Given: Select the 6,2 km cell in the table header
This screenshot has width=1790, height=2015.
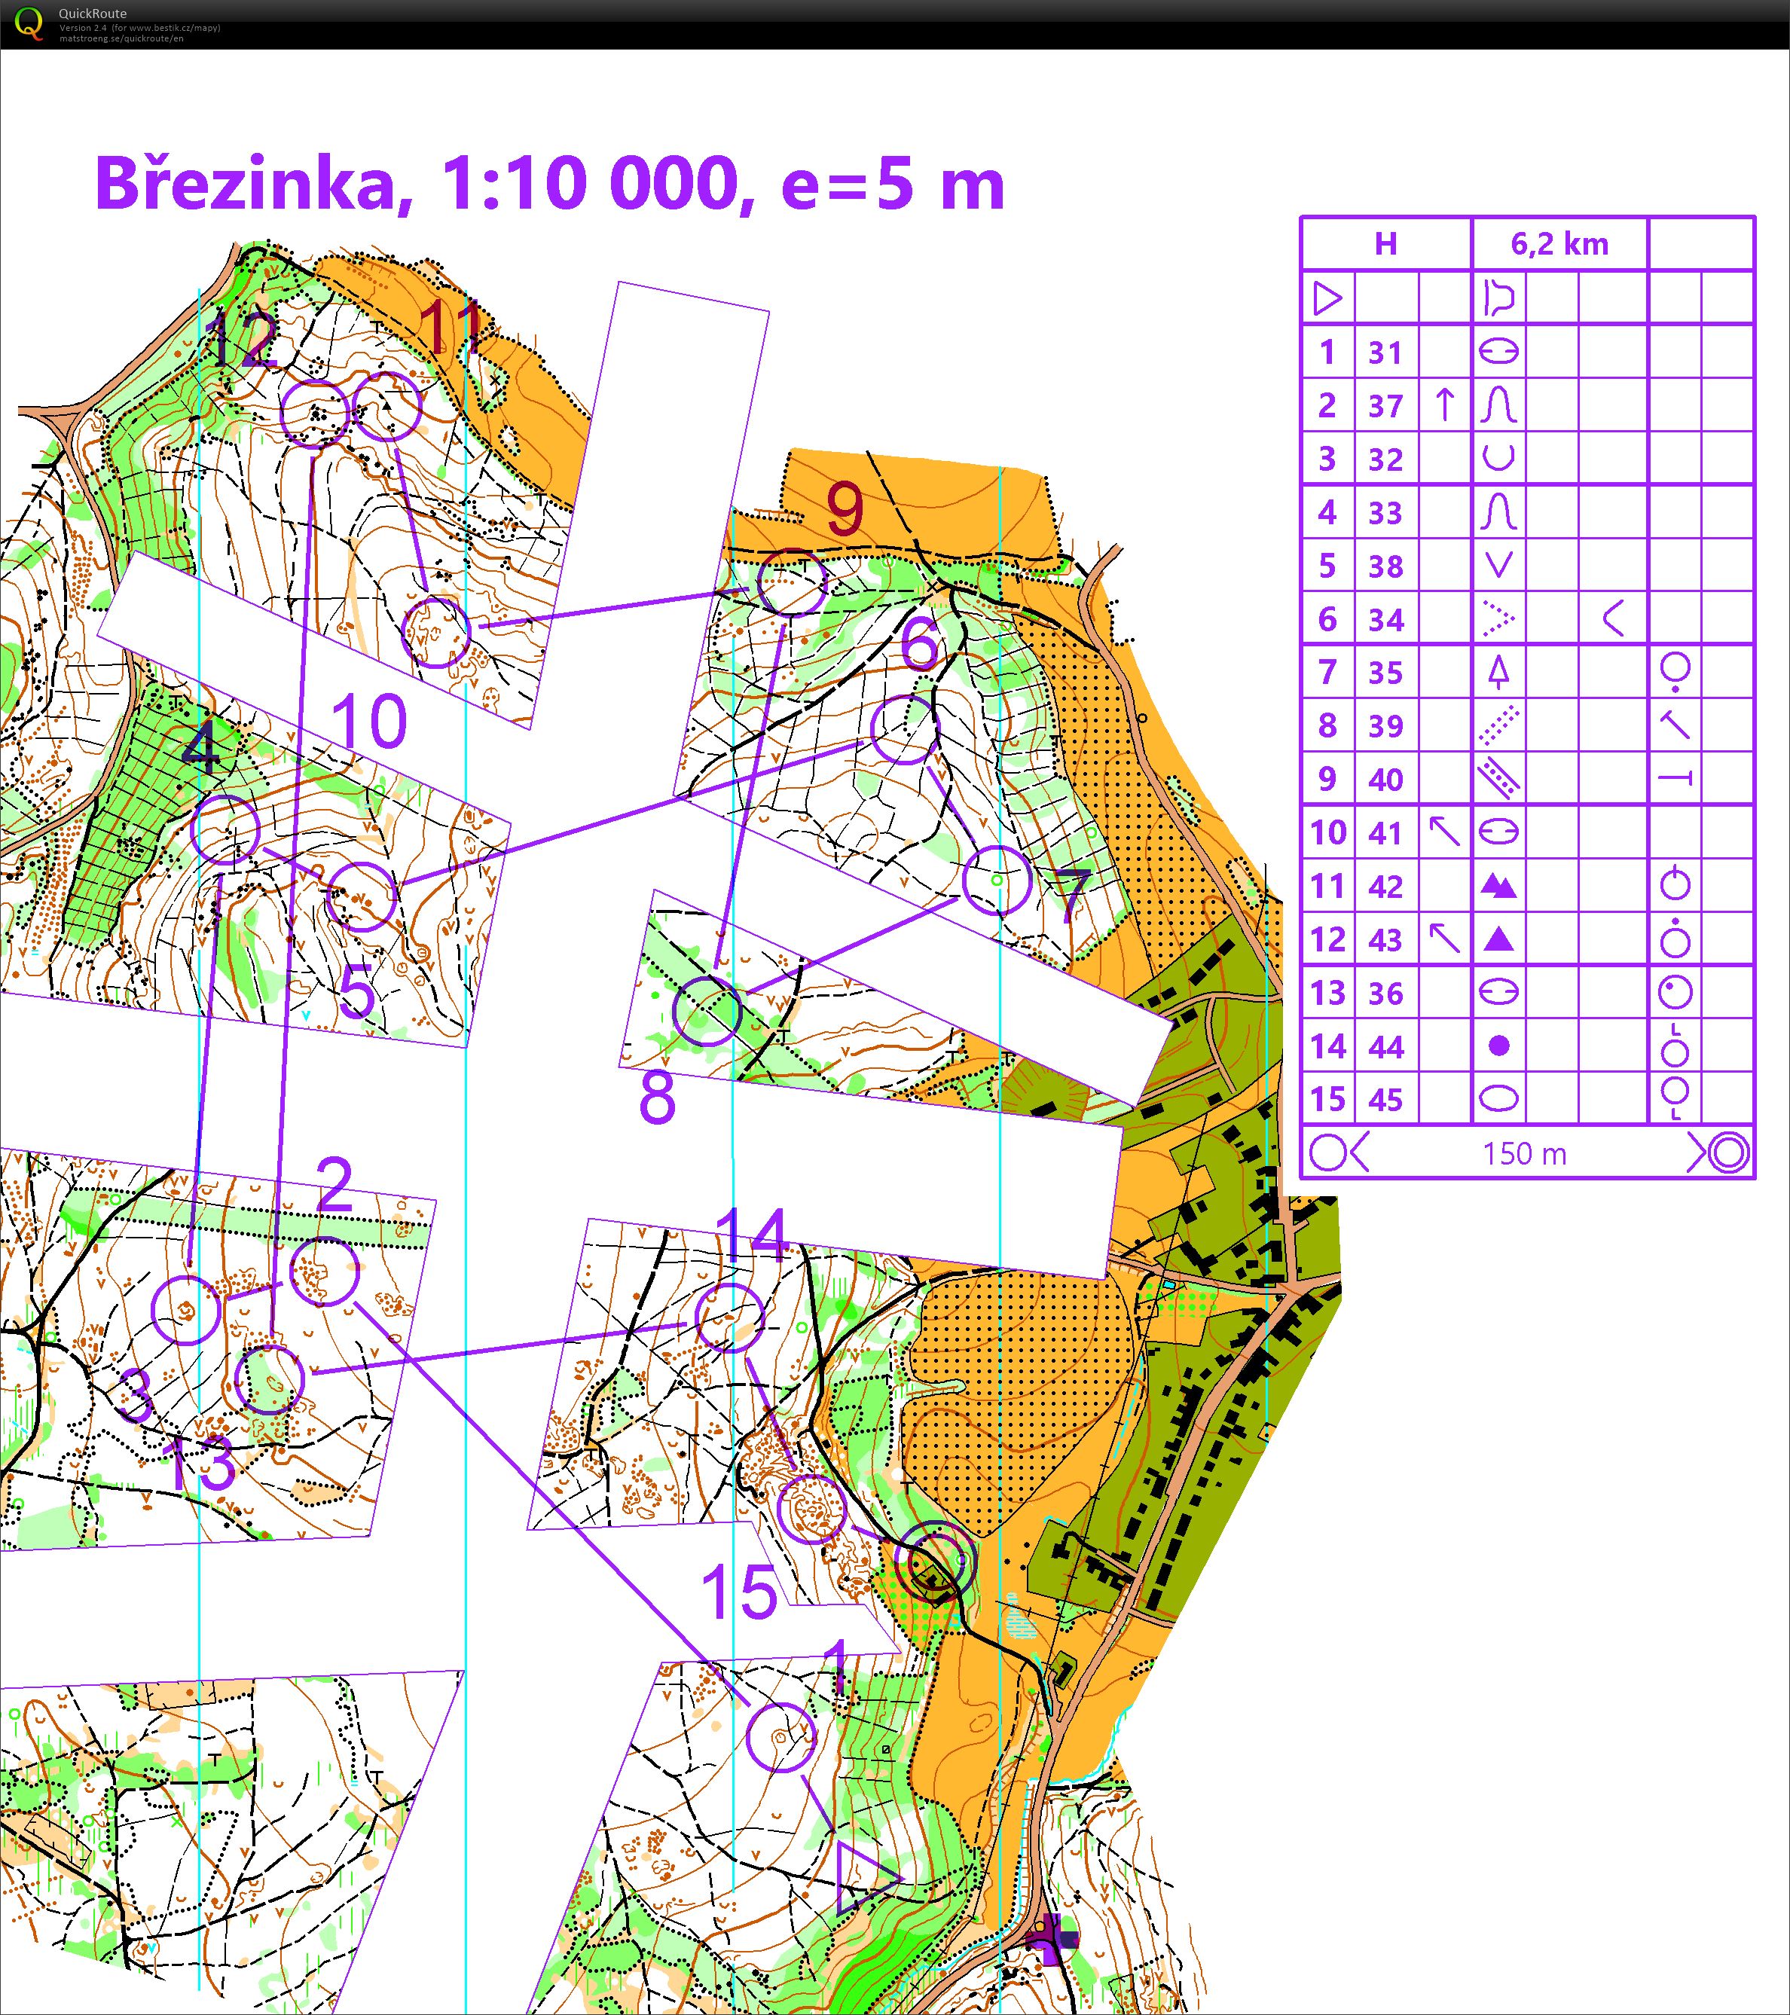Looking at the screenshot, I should [x=1559, y=243].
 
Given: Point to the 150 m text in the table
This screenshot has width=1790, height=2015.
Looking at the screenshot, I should [x=1524, y=1153].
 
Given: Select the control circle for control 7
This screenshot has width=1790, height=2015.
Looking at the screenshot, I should [x=997, y=881].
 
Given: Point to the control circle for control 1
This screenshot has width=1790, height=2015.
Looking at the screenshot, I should [x=780, y=1737].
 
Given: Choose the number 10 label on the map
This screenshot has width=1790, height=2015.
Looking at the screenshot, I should [x=370, y=721].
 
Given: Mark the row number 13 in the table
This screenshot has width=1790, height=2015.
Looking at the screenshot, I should [x=1327, y=993].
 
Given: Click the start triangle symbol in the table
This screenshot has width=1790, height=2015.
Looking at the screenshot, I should [x=1327, y=298].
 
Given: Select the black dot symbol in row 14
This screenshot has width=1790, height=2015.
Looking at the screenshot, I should [x=1498, y=1046].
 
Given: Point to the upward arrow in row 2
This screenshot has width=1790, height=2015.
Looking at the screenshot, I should [x=1444, y=405].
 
